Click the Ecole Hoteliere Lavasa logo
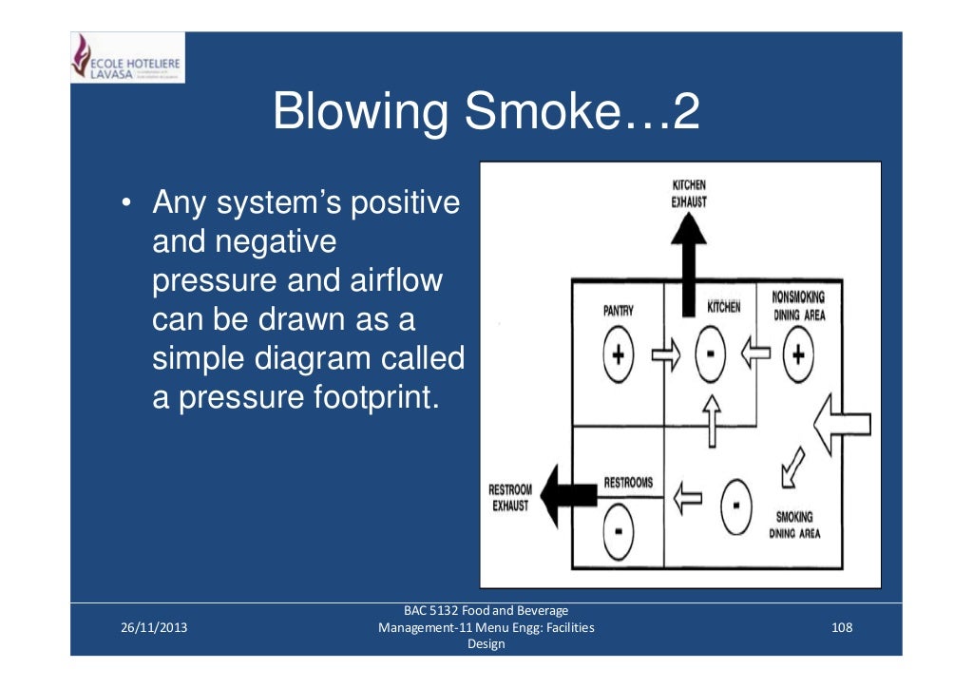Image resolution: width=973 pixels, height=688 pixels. coord(126,58)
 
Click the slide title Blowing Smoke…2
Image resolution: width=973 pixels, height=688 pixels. coord(486,112)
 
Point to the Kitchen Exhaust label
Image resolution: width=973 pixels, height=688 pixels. coord(689,193)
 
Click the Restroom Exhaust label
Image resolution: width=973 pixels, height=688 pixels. coord(510,498)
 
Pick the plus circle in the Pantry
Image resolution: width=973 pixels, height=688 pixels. coord(619,355)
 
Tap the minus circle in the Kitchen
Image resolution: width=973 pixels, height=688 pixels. coord(708,355)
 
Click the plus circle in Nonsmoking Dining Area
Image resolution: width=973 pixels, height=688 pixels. coord(798,355)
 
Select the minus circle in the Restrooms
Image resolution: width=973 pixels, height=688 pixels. coord(618,530)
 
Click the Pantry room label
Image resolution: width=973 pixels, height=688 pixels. coord(619,311)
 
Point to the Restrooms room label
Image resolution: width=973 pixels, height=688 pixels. coord(628,483)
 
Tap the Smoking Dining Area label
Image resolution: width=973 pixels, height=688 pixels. coord(793,525)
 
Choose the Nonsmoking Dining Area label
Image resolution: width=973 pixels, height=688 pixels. coord(798,305)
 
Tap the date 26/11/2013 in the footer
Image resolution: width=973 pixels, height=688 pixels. coord(154,627)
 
